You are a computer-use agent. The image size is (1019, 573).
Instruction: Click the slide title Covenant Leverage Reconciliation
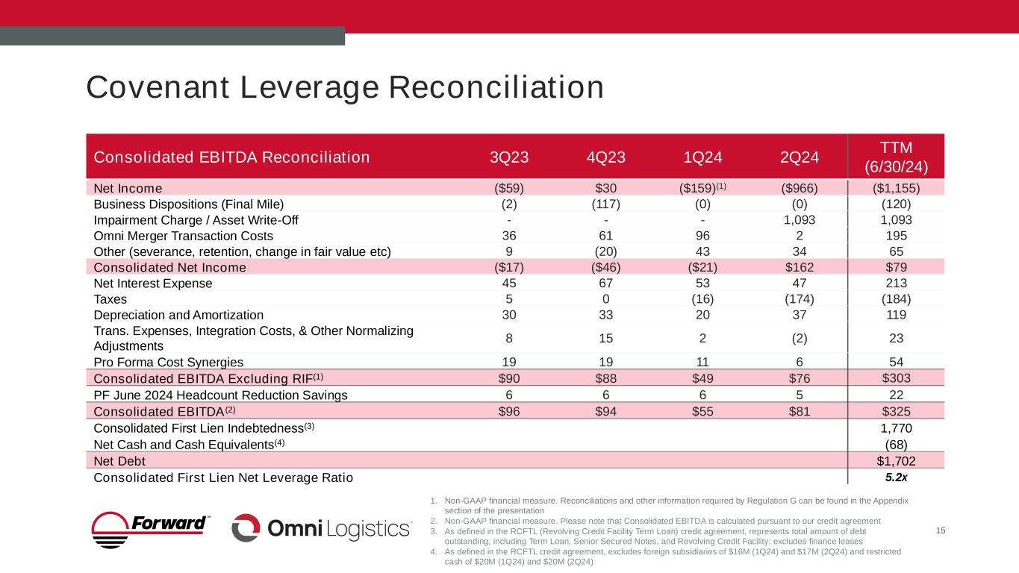[344, 87]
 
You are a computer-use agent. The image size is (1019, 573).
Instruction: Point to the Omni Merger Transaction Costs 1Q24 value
[702, 235]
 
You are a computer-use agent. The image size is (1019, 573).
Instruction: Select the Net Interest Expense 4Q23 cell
[605, 284]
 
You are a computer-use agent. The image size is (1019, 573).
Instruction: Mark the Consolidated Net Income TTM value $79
[895, 267]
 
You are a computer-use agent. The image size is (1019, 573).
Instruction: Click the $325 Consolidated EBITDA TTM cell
[895, 411]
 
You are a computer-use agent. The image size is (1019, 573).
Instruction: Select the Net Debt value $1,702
[895, 460]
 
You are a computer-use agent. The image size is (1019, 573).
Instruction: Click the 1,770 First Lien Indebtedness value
[895, 428]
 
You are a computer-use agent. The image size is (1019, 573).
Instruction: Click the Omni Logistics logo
[322, 528]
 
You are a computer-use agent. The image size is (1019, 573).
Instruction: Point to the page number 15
[940, 530]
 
